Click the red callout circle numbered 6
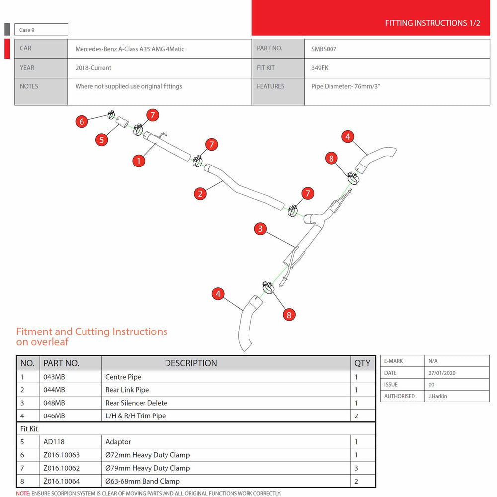click(82, 121)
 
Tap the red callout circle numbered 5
click(102, 140)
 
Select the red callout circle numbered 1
click(139, 161)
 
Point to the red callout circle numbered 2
click(200, 194)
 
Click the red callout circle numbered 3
click(260, 229)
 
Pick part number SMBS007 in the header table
click(324, 49)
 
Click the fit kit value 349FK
click(320, 68)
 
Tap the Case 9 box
click(41, 29)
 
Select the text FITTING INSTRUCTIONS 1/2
click(432, 23)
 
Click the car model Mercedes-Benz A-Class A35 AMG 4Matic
click(130, 49)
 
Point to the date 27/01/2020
click(442, 373)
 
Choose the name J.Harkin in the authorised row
click(438, 396)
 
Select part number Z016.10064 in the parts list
click(62, 481)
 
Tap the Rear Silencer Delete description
click(136, 403)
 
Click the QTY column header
click(362, 363)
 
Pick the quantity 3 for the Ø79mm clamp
click(356, 468)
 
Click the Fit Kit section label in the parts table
click(29, 429)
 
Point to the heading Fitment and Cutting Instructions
click(91, 331)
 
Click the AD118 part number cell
click(54, 442)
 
